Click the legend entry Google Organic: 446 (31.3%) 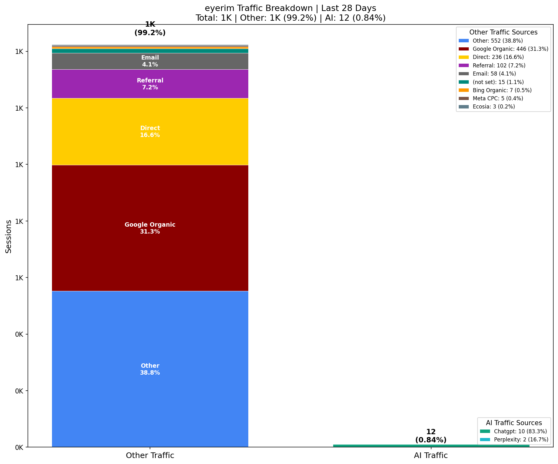(x=510, y=49)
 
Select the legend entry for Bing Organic (x=502, y=90)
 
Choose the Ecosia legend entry (x=493, y=107)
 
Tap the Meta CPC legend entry (x=498, y=98)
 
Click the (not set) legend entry (x=498, y=82)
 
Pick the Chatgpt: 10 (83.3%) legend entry (x=520, y=431)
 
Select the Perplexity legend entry (x=521, y=440)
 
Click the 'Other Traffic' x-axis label (x=150, y=456)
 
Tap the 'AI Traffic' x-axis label (x=431, y=456)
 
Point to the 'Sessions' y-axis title (x=9, y=236)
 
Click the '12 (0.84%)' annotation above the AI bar (x=431, y=436)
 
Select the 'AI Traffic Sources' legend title (x=514, y=423)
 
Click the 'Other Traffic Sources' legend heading (x=503, y=32)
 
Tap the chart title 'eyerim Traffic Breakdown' (x=290, y=8)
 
